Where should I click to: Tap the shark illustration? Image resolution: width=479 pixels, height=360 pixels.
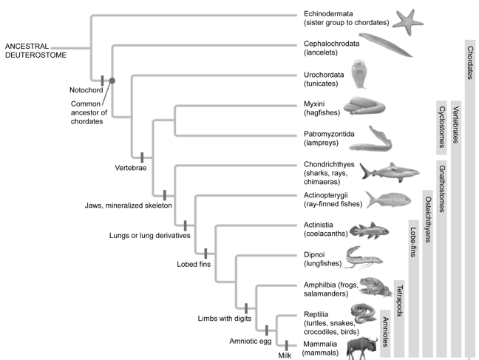click(x=383, y=171)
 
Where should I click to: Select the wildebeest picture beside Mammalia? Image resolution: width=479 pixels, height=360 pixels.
click(x=360, y=345)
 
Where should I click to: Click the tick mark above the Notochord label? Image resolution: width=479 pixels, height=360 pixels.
click(x=102, y=79)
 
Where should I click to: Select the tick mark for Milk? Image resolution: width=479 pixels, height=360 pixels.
click(x=286, y=345)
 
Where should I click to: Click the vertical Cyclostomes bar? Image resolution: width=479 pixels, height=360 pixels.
click(x=441, y=126)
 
